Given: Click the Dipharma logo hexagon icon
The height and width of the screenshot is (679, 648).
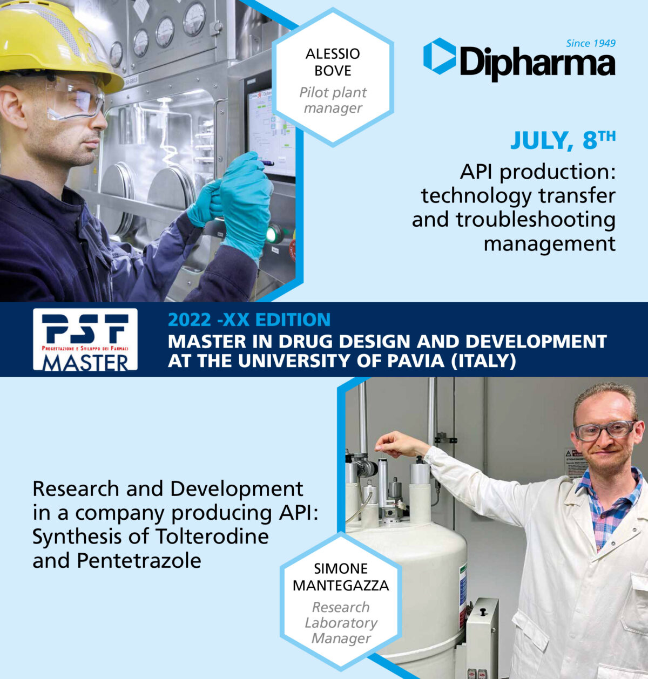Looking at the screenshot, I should pyautogui.click(x=439, y=56).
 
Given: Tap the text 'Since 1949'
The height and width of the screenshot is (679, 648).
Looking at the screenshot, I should pyautogui.click(x=590, y=43).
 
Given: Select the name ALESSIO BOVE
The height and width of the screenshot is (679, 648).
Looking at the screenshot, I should pyautogui.click(x=333, y=62).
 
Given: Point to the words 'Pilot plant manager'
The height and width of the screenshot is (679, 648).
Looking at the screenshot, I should pyautogui.click(x=333, y=100).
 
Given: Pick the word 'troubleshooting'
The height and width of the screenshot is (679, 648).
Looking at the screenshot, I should pyautogui.click(x=513, y=220).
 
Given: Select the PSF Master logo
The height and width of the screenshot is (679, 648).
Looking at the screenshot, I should pyautogui.click(x=85, y=339).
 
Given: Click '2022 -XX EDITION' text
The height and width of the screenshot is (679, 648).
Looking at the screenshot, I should pyautogui.click(x=249, y=320).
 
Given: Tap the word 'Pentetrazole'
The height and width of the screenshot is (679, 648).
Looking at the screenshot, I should pyautogui.click(x=139, y=560).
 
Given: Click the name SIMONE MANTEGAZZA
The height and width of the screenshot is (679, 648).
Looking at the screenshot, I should pyautogui.click(x=341, y=576).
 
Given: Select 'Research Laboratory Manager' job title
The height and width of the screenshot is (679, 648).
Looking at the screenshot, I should pyautogui.click(x=341, y=622).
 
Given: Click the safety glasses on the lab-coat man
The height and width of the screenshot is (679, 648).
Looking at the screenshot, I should pyautogui.click(x=605, y=430).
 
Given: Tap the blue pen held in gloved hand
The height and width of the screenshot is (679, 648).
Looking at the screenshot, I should pyautogui.click(x=267, y=162).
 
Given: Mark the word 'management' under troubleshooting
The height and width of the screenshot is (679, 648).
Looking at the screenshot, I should pyautogui.click(x=549, y=243).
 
